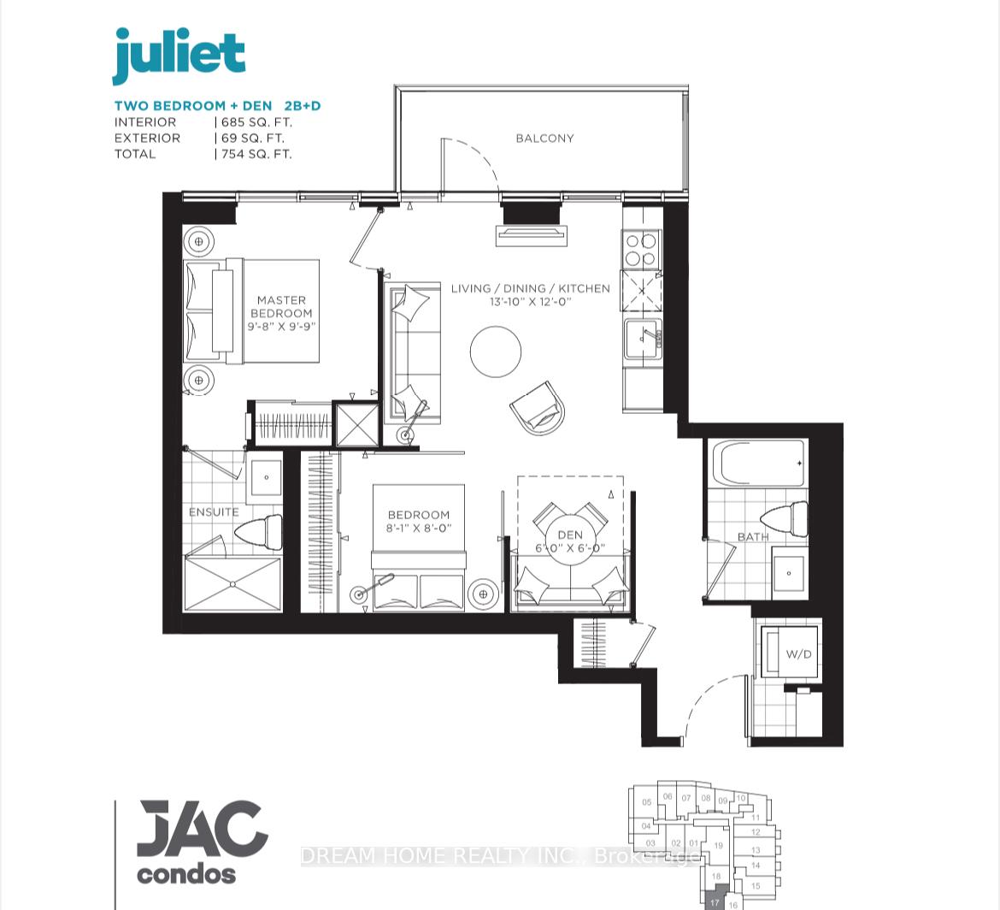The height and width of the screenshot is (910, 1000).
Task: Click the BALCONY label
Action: click(544, 138)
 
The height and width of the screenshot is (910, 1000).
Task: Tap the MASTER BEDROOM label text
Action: click(281, 306)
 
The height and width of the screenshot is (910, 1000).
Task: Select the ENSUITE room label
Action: click(214, 511)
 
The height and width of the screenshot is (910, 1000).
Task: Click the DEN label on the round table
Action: click(569, 535)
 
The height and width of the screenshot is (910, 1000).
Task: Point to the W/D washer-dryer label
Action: click(798, 654)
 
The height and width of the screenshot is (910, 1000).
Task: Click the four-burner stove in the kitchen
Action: click(641, 250)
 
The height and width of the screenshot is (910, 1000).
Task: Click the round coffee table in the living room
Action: click(496, 352)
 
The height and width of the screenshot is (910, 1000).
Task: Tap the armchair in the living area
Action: click(538, 409)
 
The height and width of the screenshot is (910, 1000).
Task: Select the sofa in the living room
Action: click(414, 353)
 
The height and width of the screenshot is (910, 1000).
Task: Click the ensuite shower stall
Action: click(232, 584)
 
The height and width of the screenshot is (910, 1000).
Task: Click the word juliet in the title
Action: click(179, 56)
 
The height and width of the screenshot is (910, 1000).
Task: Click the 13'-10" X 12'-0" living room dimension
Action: click(530, 302)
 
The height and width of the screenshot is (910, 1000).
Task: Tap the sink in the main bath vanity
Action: click(790, 573)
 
